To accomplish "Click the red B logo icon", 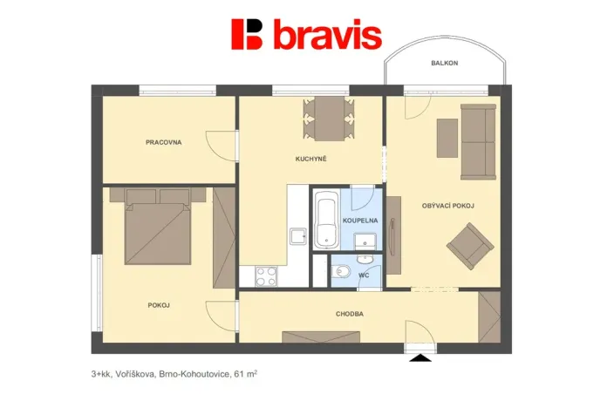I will [247, 35].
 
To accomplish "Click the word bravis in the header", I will [327, 36].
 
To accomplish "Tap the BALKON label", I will [444, 64].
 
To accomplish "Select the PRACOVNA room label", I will [164, 141].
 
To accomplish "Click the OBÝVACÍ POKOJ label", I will [447, 206].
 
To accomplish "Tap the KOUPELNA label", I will [359, 221].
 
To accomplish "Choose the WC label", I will [365, 275].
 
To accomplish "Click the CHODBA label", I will [349, 313].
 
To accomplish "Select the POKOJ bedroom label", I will [159, 304].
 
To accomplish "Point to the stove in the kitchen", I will [266, 276].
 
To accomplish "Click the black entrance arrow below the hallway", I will [420, 357].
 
